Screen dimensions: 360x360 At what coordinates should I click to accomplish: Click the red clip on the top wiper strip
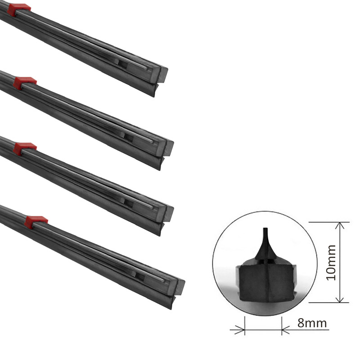click(19, 9)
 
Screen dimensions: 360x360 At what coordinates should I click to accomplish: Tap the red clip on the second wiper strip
click(25, 83)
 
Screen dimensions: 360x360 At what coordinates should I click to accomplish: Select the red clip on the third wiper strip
click(25, 148)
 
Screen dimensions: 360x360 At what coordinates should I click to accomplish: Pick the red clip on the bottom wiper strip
click(36, 222)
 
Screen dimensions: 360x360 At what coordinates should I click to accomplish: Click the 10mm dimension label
click(331, 262)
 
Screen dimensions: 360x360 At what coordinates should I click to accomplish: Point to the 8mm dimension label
click(312, 323)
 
